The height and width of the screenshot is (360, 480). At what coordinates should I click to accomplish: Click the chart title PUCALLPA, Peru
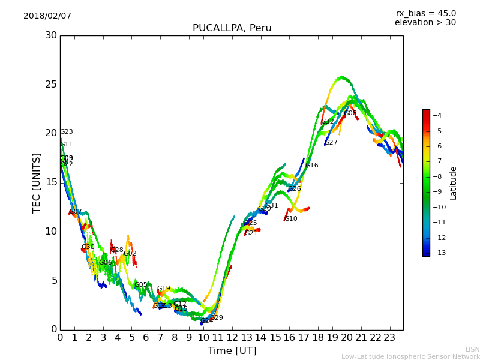(232, 28)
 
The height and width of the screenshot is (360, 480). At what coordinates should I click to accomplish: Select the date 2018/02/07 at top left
(47, 16)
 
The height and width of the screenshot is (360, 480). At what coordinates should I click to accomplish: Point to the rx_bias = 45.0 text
(425, 13)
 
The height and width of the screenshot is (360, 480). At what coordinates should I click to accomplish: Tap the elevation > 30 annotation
(425, 23)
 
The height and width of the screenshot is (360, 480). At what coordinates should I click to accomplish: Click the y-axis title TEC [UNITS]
(37, 182)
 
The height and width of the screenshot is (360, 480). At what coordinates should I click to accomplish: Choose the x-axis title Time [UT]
(232, 351)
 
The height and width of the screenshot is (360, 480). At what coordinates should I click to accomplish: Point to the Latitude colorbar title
(454, 183)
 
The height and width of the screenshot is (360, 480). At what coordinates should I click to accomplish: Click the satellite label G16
(312, 166)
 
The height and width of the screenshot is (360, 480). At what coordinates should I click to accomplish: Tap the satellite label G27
(331, 143)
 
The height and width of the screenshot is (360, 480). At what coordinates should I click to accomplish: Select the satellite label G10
(291, 219)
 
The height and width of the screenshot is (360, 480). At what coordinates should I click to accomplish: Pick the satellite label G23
(67, 132)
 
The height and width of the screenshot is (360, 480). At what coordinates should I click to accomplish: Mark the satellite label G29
(217, 318)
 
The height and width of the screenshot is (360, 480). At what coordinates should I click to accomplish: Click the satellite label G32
(328, 122)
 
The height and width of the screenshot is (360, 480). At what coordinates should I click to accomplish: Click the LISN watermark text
(472, 349)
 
